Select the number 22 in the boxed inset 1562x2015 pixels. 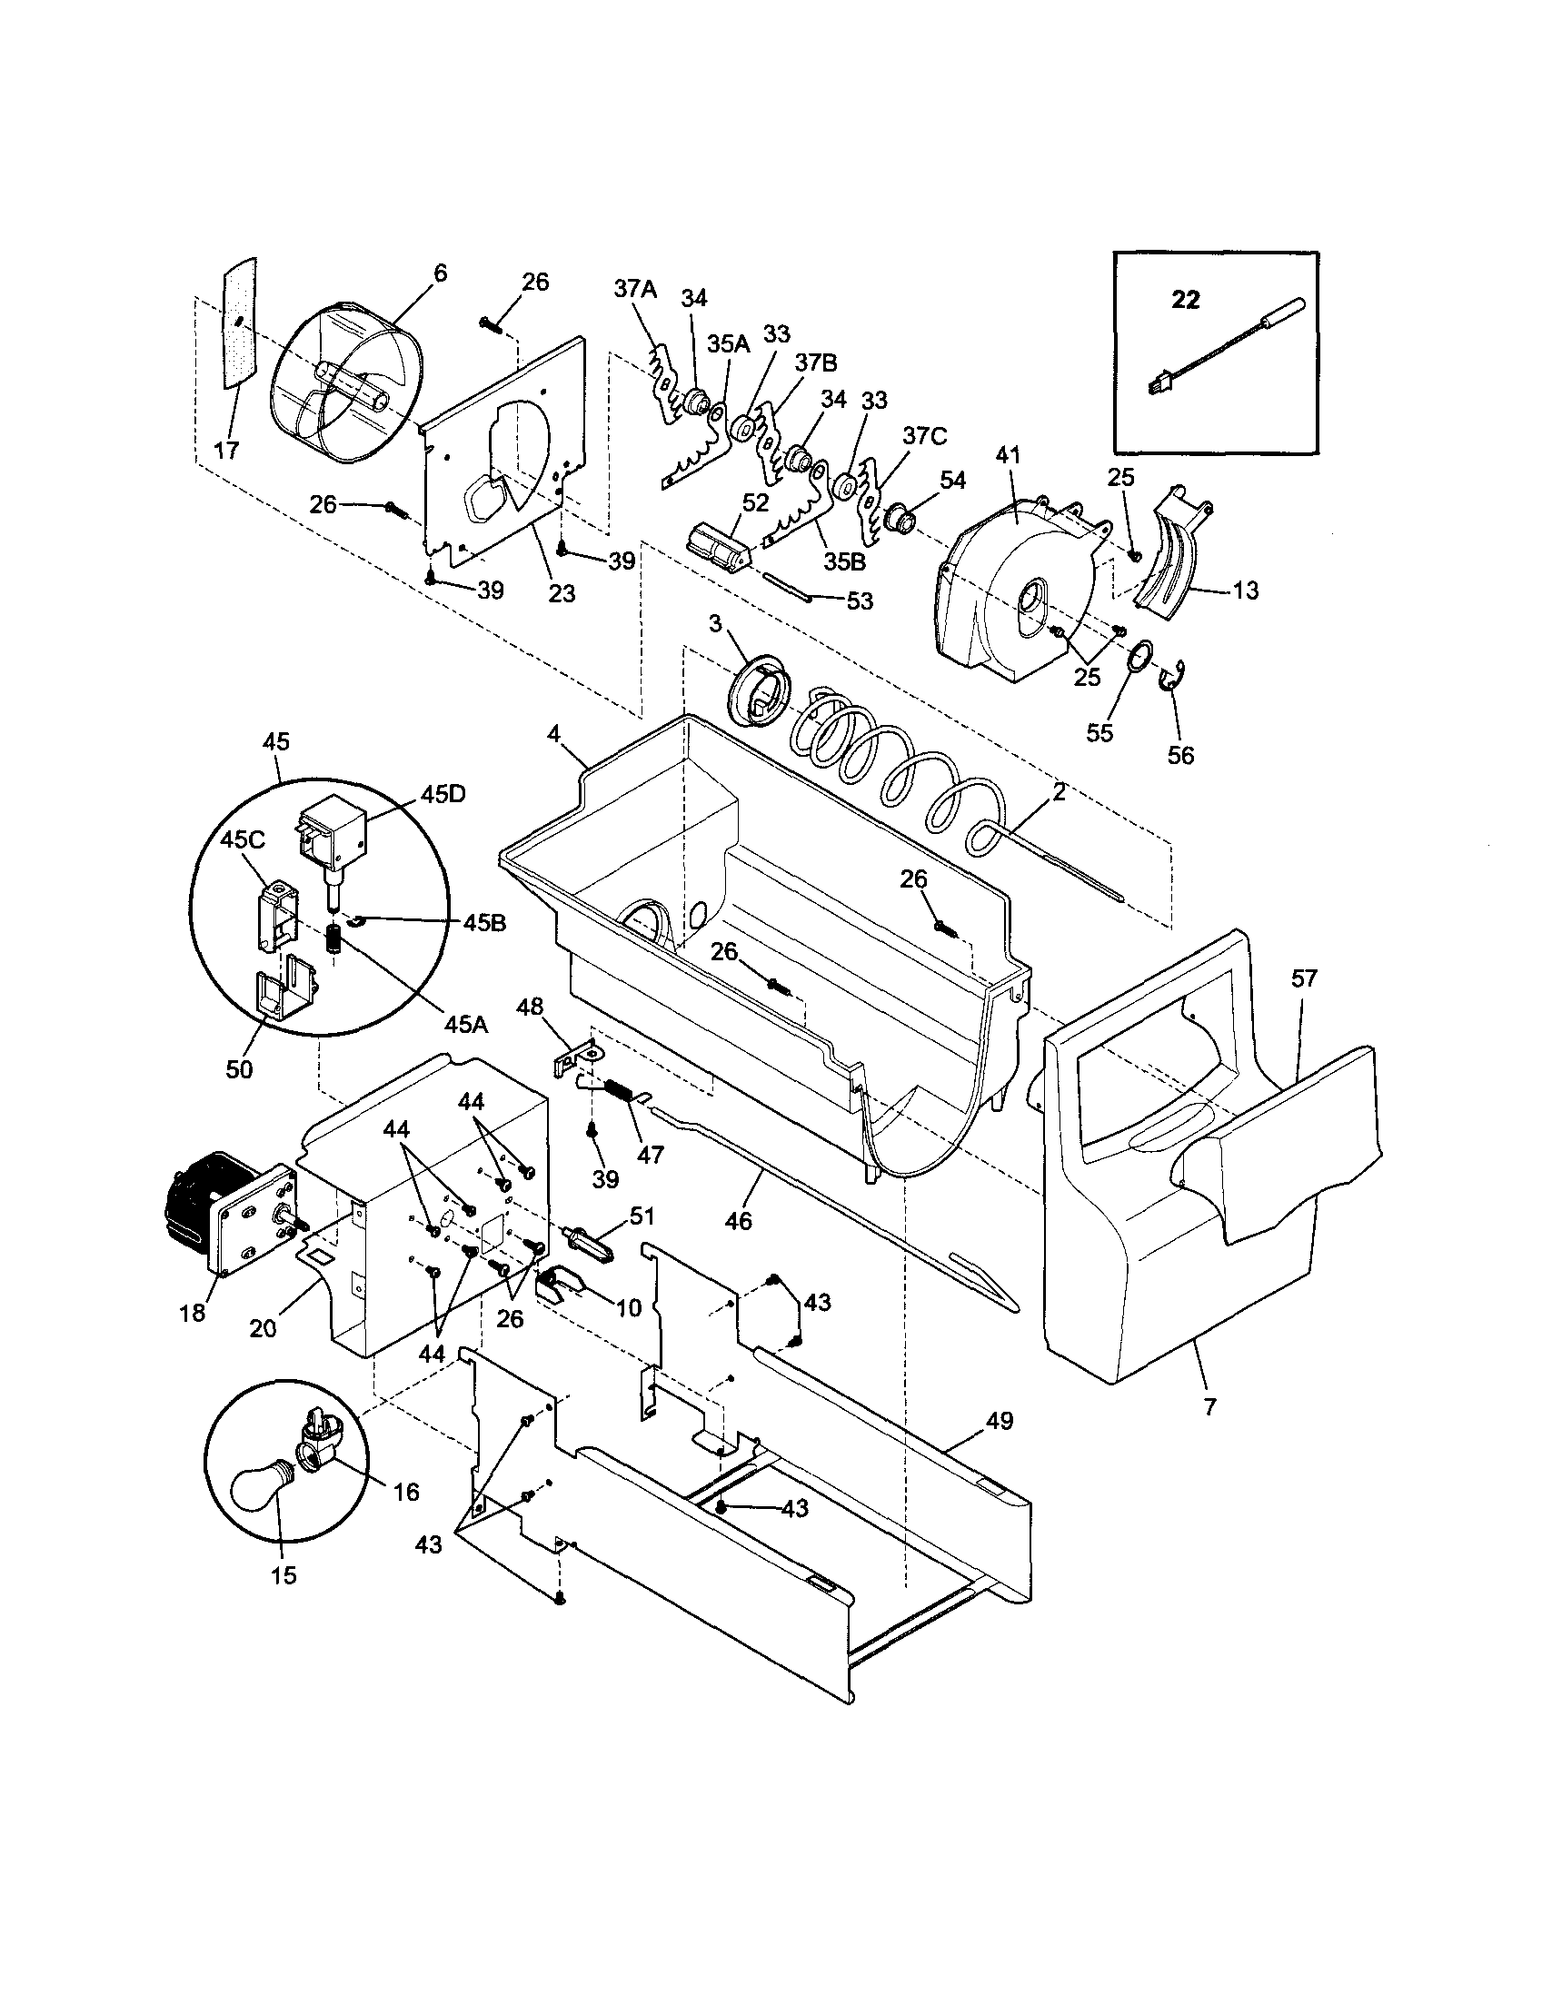click(1186, 300)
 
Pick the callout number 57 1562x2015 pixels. click(1304, 978)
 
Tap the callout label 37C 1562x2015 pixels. click(924, 435)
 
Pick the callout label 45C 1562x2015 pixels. click(242, 839)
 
